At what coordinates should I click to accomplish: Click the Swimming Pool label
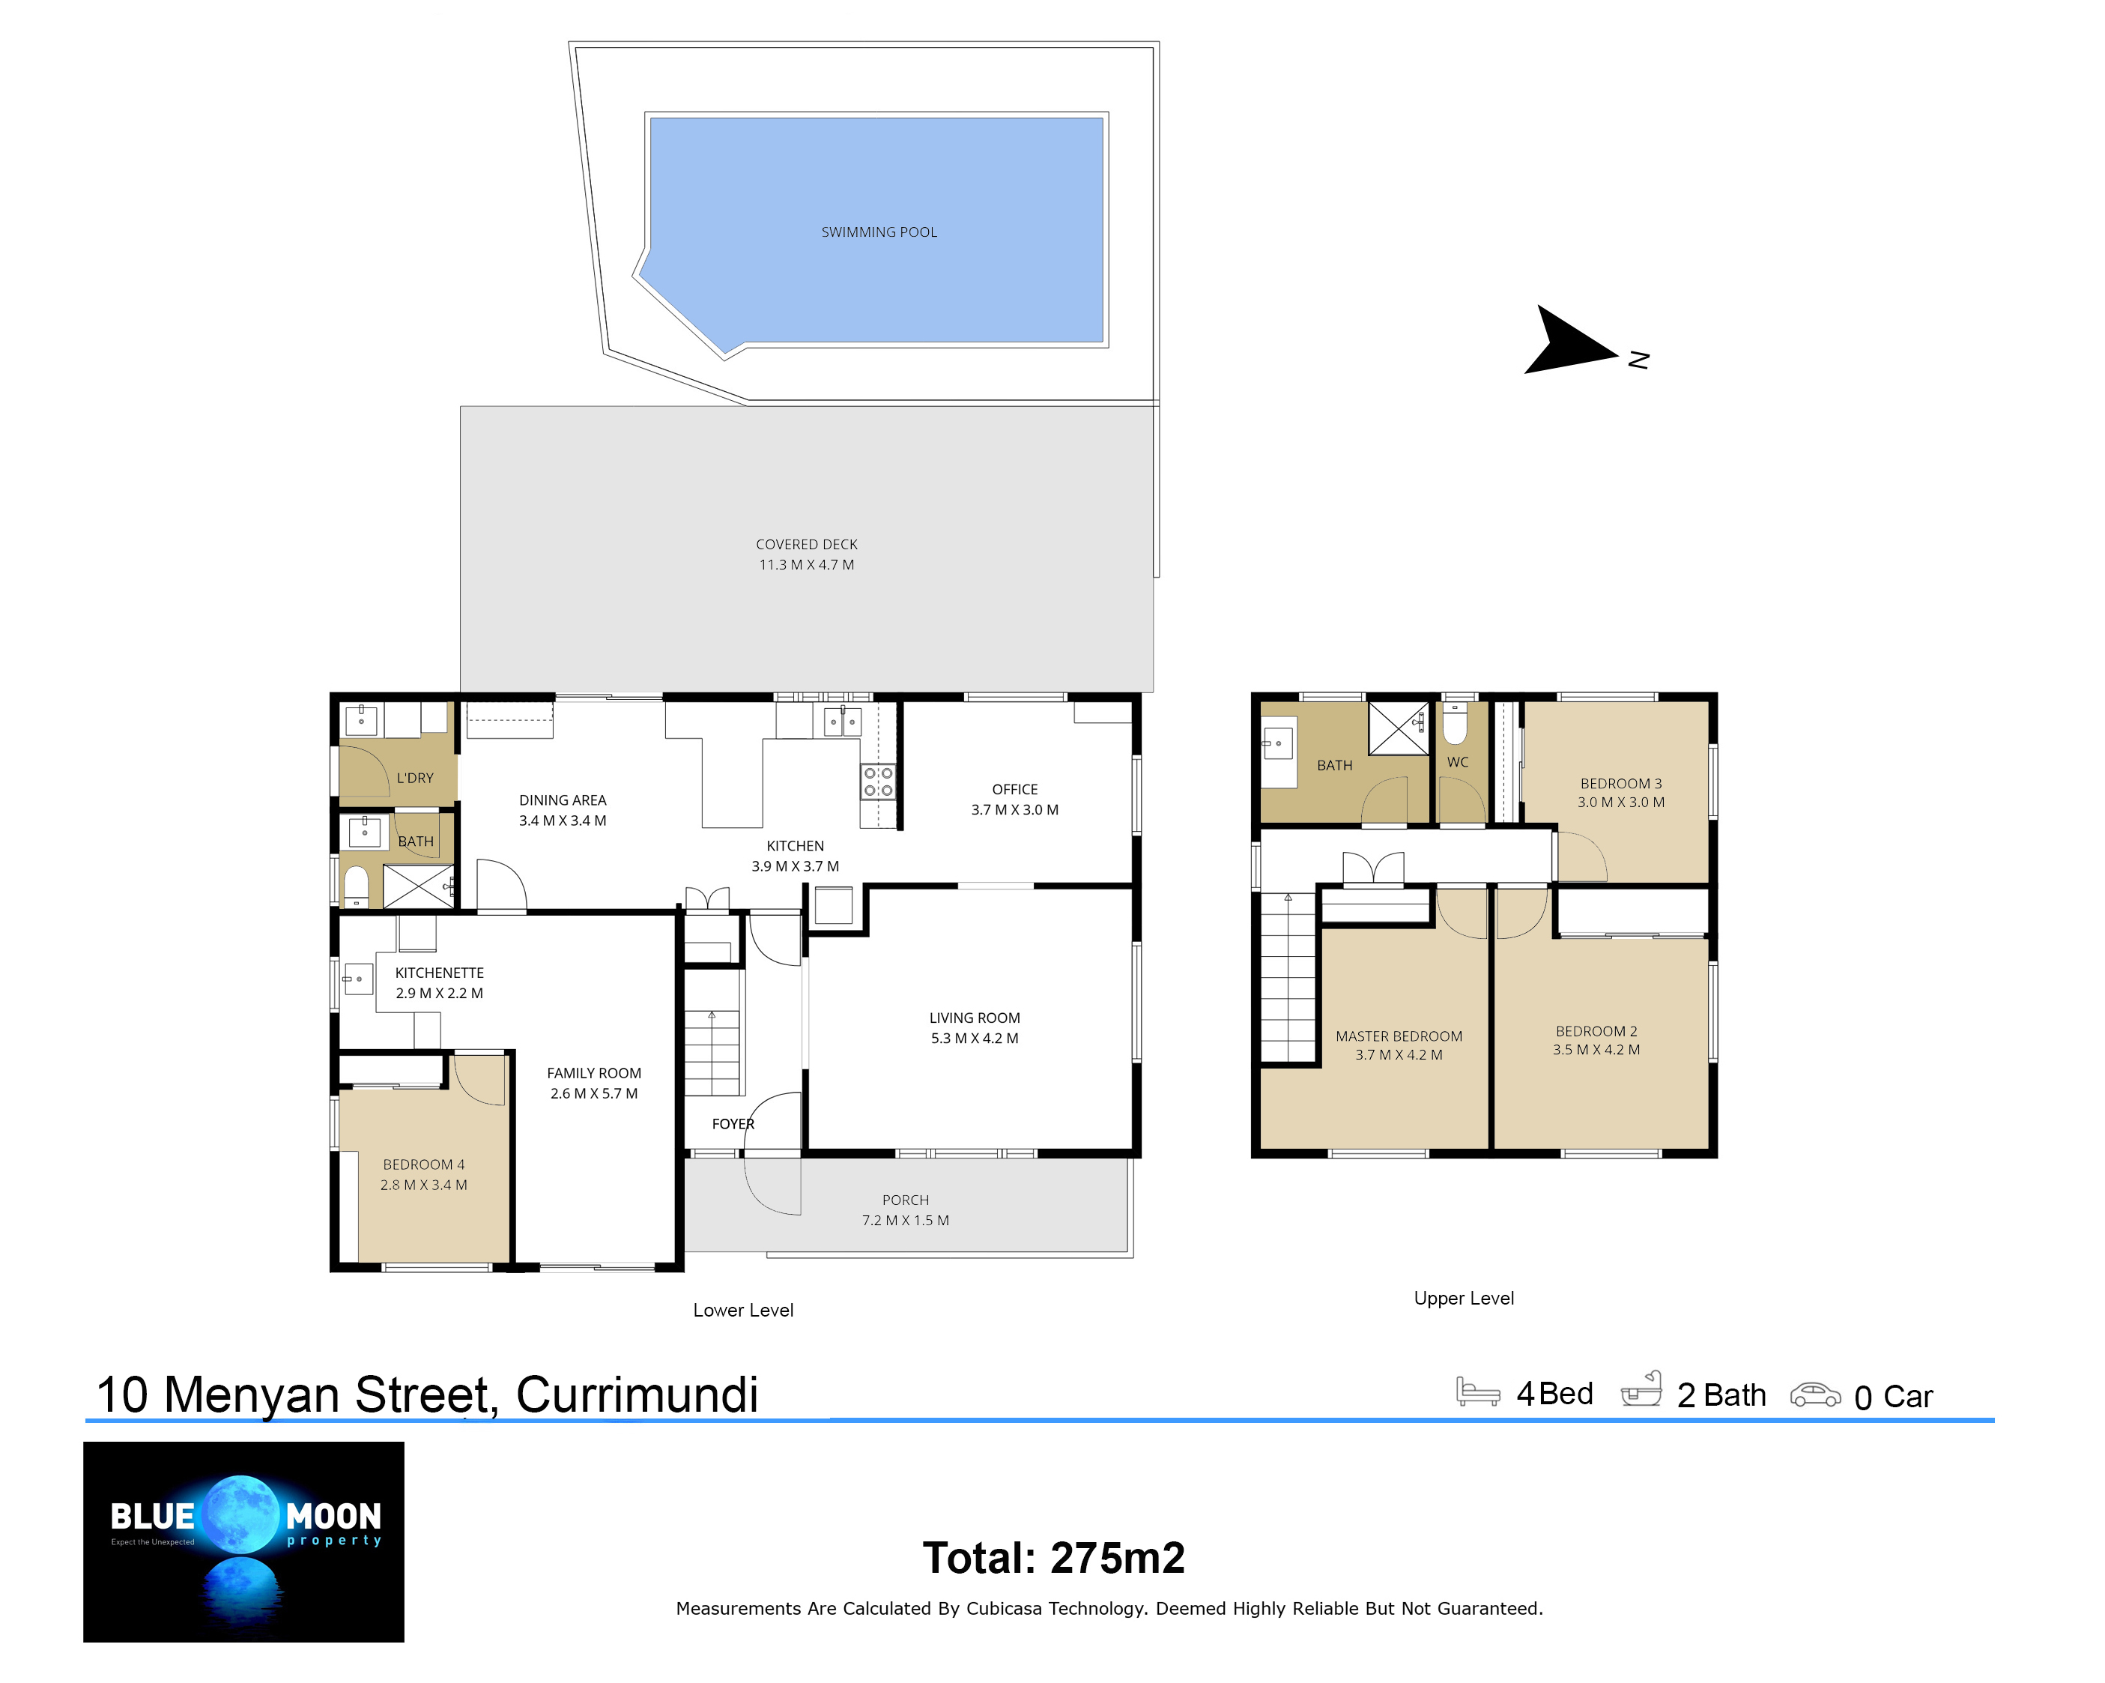pos(879,232)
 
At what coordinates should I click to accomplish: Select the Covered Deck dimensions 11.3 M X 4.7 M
pos(807,564)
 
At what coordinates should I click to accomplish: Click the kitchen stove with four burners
pos(878,782)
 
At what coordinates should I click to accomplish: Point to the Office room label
pos(1014,789)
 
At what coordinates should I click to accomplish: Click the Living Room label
pos(975,1018)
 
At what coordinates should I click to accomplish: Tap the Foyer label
pos(733,1124)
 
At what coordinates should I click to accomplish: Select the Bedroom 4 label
pos(424,1164)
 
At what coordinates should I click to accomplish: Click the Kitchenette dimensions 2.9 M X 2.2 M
pos(440,994)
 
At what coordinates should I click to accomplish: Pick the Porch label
pos(905,1200)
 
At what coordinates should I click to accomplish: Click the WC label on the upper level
pos(1458,762)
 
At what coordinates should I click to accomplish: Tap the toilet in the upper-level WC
pos(1455,723)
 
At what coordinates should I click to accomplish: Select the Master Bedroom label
pos(1399,1036)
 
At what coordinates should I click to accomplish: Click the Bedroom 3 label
pos(1621,783)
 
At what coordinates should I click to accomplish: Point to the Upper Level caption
pos(1464,1298)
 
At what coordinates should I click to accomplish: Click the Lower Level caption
pos(743,1311)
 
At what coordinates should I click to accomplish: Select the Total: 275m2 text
pos(1053,1558)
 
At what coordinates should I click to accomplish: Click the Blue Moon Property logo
pos(243,1542)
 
